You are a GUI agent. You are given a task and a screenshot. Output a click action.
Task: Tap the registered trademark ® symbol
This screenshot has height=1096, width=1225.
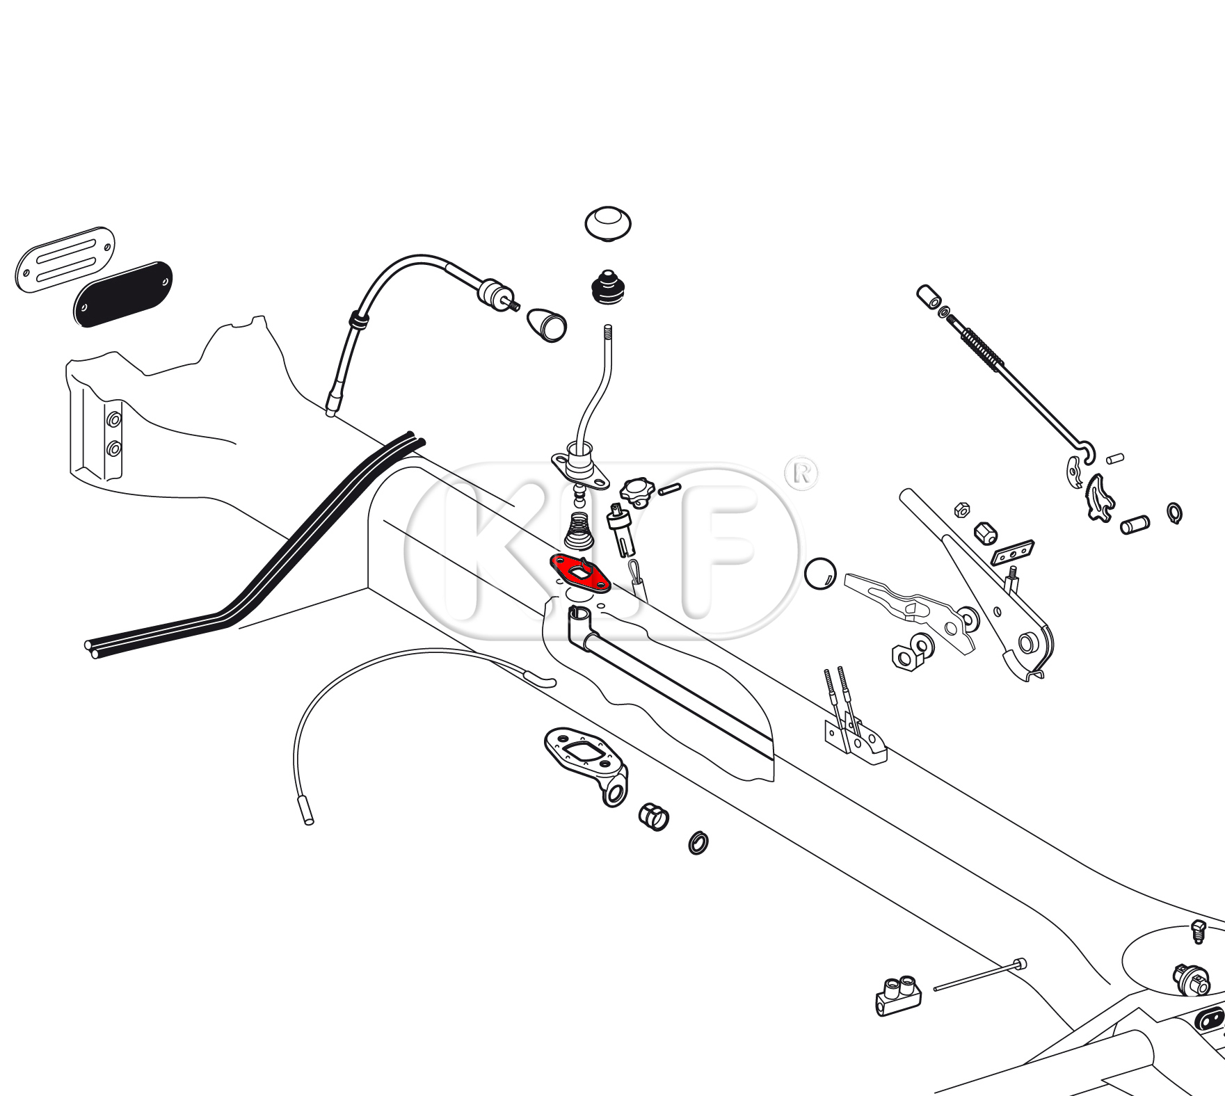coord(801,474)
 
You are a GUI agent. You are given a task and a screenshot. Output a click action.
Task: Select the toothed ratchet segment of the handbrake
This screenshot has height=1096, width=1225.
coord(1099,495)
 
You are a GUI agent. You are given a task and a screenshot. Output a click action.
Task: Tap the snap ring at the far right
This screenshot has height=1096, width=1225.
coord(1174,513)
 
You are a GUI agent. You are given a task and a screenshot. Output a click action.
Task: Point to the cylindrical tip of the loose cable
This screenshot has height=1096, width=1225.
coord(305,810)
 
